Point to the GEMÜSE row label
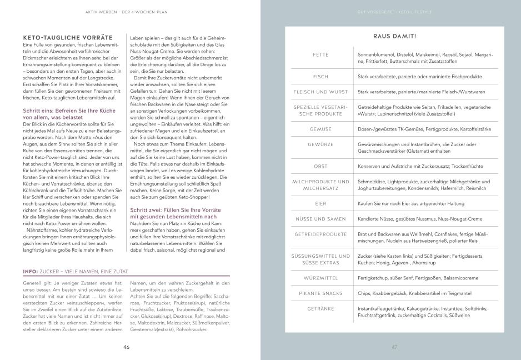tap(320, 128)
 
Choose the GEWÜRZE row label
tap(320, 144)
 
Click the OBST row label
tap(320, 166)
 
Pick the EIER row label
tap(320, 204)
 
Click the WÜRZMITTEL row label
tap(320, 277)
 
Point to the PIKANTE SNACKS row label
tap(320, 292)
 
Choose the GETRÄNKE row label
tap(320, 307)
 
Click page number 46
tap(127, 347)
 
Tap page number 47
tap(395, 347)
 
